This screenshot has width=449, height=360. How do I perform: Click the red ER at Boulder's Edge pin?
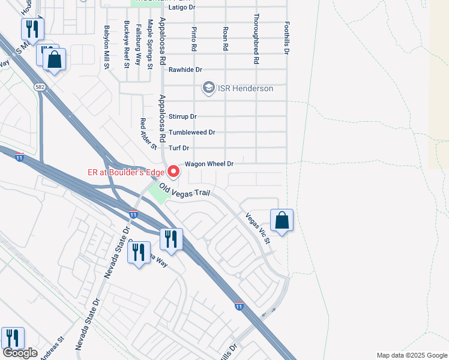click(174, 172)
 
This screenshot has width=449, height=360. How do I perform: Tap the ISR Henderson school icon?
click(208, 88)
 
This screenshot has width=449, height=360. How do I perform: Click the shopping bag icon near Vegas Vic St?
click(282, 221)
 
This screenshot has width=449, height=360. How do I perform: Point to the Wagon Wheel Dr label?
click(209, 164)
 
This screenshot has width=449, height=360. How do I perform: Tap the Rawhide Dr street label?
click(185, 70)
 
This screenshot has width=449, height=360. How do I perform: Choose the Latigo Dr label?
click(183, 7)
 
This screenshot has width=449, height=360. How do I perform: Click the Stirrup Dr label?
click(183, 116)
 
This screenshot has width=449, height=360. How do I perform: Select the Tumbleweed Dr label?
click(191, 132)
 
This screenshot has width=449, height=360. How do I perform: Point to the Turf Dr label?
click(179, 148)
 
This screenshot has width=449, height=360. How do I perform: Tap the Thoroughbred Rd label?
click(256, 39)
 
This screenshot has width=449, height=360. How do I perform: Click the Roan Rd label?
click(225, 38)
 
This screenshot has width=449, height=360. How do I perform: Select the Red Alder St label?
click(148, 133)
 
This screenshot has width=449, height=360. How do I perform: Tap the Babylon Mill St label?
click(106, 46)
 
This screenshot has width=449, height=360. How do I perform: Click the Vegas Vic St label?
click(259, 227)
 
